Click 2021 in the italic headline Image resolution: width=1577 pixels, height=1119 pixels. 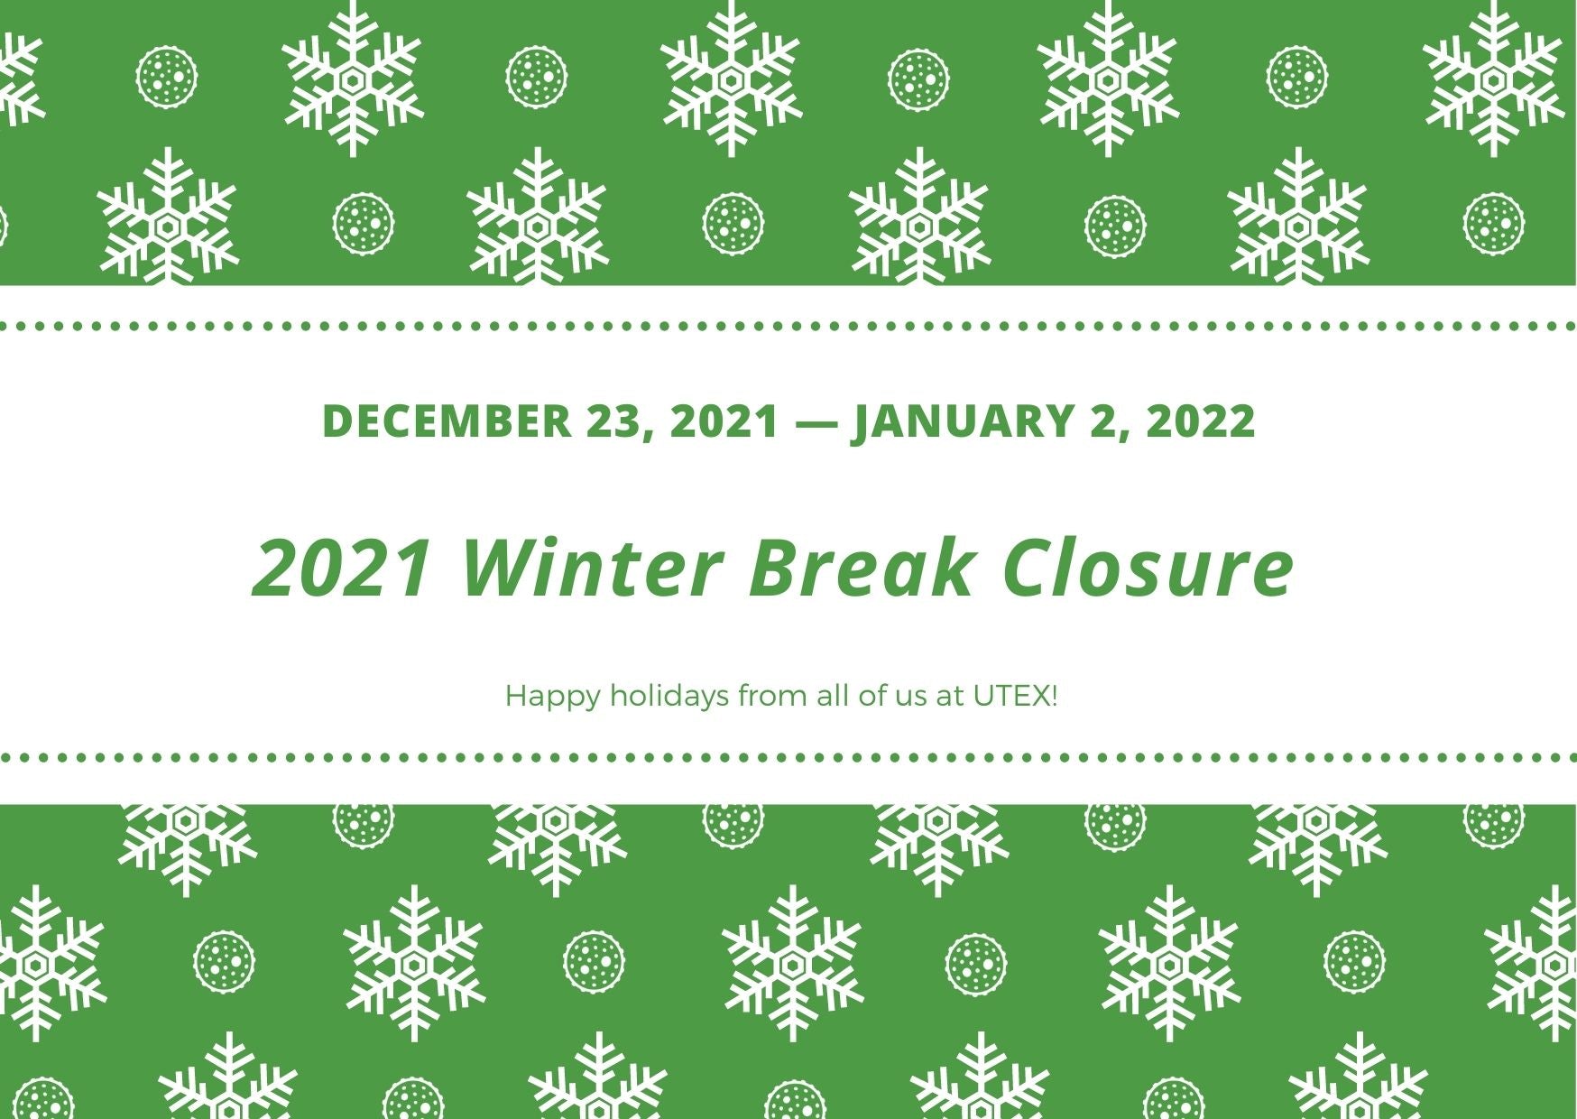point(342,569)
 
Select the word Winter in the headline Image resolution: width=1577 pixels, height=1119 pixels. point(592,569)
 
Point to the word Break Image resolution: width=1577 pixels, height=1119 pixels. point(862,569)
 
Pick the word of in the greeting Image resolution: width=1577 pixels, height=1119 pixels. point(872,696)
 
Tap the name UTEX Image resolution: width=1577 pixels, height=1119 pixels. point(1010,696)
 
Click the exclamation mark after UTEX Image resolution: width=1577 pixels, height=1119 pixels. point(1054,696)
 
